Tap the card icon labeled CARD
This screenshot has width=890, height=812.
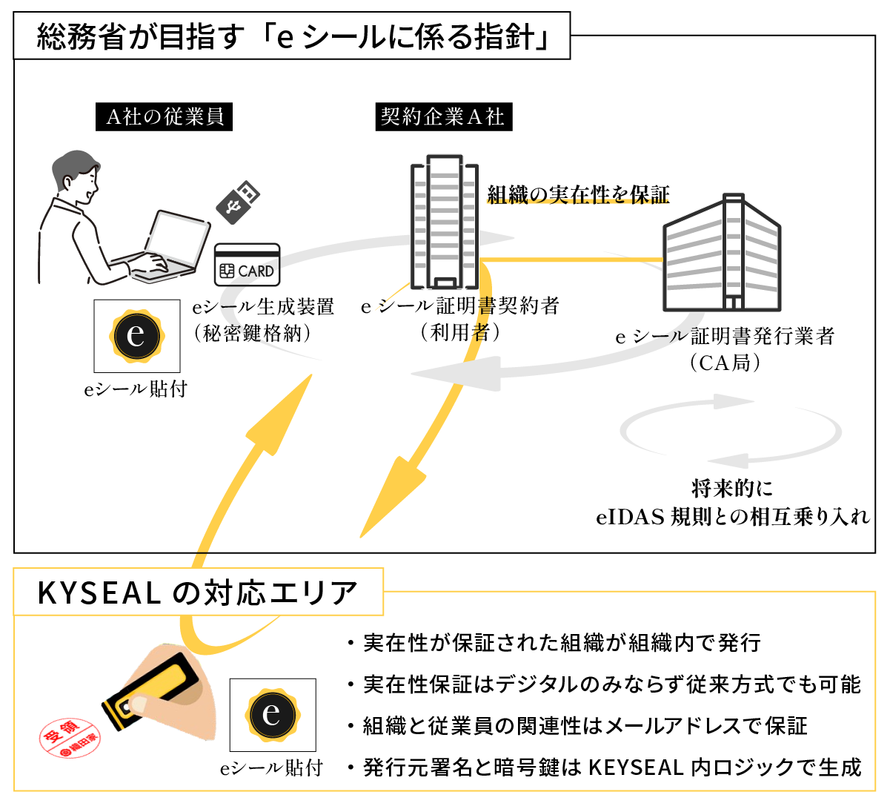pos(247,265)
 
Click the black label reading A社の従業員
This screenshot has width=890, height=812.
pos(164,117)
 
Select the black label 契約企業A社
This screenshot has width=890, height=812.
pos(443,117)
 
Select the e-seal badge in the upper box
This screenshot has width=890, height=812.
pos(136,336)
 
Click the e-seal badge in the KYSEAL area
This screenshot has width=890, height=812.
pos(272,715)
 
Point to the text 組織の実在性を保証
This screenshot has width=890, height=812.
pos(578,195)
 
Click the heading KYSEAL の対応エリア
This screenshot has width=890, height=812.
pos(198,593)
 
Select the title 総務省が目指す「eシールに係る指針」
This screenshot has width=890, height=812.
pos(292,36)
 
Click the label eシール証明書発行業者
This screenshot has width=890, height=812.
pos(725,336)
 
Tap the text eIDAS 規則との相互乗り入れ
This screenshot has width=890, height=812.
pos(732,516)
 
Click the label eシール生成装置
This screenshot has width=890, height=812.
pos(263,306)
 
